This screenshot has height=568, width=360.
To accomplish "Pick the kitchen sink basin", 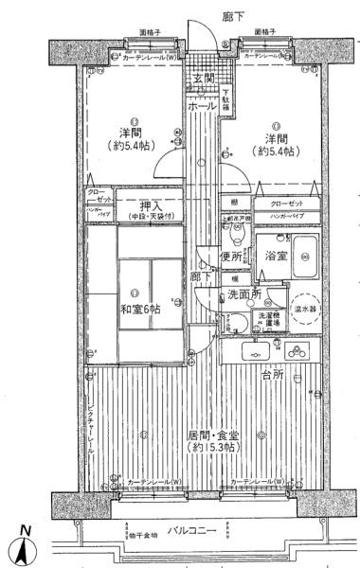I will click(257, 351).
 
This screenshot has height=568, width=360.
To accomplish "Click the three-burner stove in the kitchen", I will click(296, 351).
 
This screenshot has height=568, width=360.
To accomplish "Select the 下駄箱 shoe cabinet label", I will click(226, 102).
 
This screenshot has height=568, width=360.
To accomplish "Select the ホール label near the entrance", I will click(200, 107).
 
